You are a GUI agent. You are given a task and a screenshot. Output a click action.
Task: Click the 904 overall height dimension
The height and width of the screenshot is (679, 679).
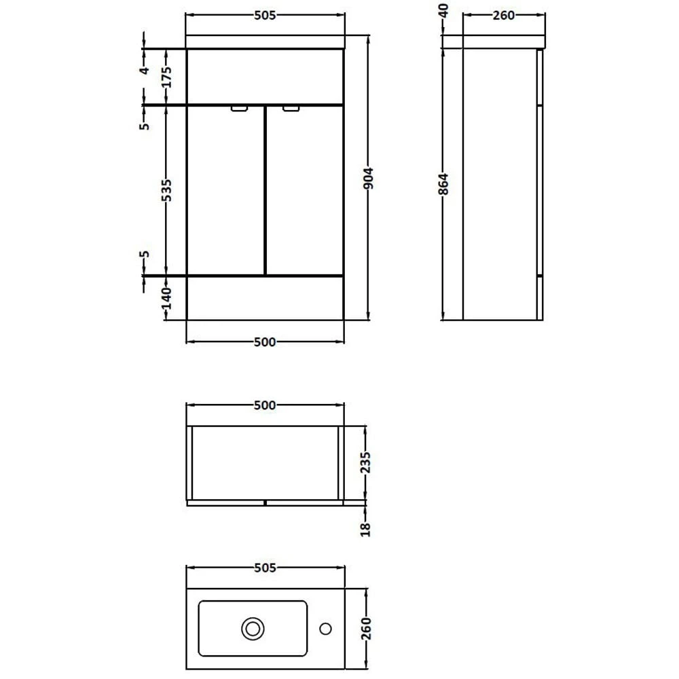(369, 178)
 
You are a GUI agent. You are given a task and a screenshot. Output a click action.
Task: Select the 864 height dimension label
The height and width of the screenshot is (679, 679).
(443, 184)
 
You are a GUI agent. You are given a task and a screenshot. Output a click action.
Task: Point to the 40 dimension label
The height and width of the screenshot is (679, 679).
(443, 10)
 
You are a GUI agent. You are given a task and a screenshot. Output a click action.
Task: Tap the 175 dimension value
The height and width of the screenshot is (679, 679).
(167, 77)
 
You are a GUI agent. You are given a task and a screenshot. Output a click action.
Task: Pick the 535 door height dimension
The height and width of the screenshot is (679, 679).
(166, 190)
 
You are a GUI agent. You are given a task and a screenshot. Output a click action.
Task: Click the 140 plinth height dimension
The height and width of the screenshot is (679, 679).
(167, 298)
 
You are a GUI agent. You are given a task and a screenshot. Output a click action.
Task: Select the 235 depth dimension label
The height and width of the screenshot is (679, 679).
(366, 462)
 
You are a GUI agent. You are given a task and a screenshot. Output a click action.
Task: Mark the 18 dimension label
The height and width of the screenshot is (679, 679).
(366, 529)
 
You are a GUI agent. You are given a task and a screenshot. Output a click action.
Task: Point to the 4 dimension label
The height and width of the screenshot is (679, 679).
(145, 70)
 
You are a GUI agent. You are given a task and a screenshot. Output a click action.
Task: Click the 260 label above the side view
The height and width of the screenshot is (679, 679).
(504, 16)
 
